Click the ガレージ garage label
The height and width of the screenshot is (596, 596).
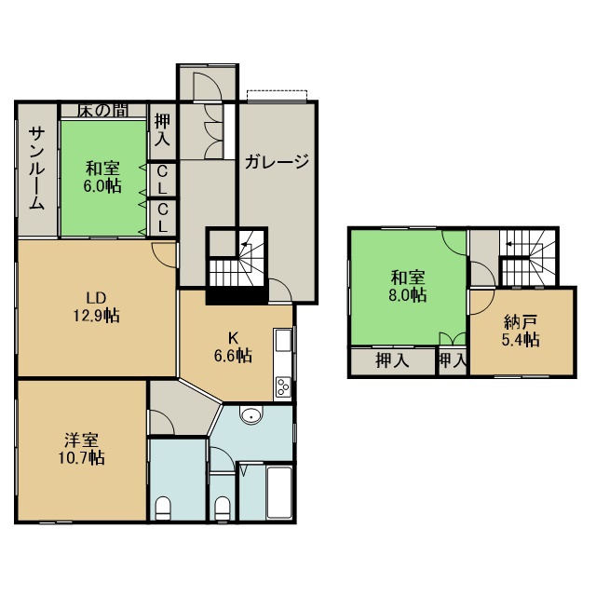277,162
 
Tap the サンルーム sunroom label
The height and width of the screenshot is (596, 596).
37,169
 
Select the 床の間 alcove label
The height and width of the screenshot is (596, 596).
102,110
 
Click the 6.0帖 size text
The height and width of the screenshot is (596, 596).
102,186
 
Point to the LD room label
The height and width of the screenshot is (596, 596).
96,298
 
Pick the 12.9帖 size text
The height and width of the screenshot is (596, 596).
96,316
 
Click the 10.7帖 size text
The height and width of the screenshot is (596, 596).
81,458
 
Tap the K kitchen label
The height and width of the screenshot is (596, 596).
232,337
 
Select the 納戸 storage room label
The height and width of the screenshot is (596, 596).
521,322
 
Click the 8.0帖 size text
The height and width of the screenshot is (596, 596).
408,295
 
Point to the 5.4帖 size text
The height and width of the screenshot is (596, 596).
521,340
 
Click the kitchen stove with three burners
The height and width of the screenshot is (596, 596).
283,387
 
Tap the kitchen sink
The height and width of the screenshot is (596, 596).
283,341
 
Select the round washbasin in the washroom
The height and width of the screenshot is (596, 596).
251,414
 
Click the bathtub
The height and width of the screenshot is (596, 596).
279,492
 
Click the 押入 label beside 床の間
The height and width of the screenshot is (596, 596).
162,130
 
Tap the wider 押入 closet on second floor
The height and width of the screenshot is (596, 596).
392,360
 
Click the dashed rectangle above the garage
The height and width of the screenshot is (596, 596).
277,96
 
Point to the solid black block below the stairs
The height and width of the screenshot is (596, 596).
237,295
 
